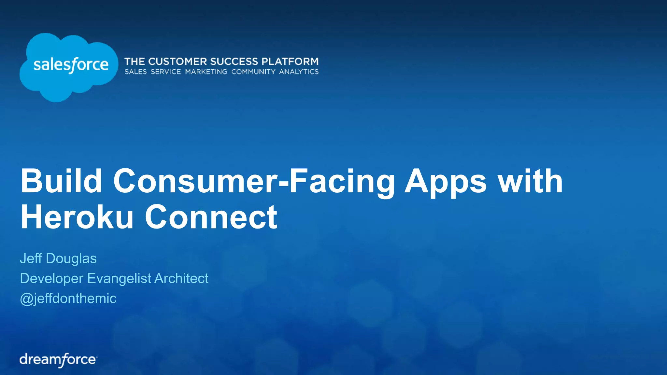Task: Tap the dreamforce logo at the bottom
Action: [58, 360]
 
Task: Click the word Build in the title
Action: [61, 181]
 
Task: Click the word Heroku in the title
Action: [77, 217]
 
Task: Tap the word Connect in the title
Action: [211, 217]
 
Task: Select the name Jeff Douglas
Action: [58, 258]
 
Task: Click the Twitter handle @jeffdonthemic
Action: [68, 299]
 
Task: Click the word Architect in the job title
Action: [181, 278]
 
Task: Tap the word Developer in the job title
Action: [52, 279]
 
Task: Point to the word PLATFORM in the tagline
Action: [290, 62]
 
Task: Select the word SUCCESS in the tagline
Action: [234, 62]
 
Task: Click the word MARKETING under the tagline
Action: [206, 72]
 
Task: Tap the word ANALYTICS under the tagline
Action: [299, 72]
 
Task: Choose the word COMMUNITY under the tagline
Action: [253, 72]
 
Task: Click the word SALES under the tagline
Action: [135, 72]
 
